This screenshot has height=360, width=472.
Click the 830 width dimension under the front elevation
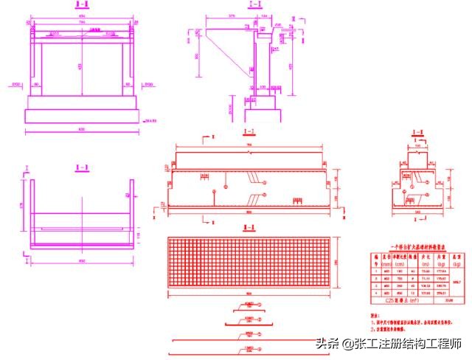pos(81,130)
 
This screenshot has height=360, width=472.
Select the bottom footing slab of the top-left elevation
pos(81,116)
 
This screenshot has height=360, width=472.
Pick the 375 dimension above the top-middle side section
pos(232,13)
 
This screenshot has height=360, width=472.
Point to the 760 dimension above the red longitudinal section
pos(249,145)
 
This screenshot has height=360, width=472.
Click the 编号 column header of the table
pos(375,257)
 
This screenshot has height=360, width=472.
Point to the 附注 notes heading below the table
pos(373,314)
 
